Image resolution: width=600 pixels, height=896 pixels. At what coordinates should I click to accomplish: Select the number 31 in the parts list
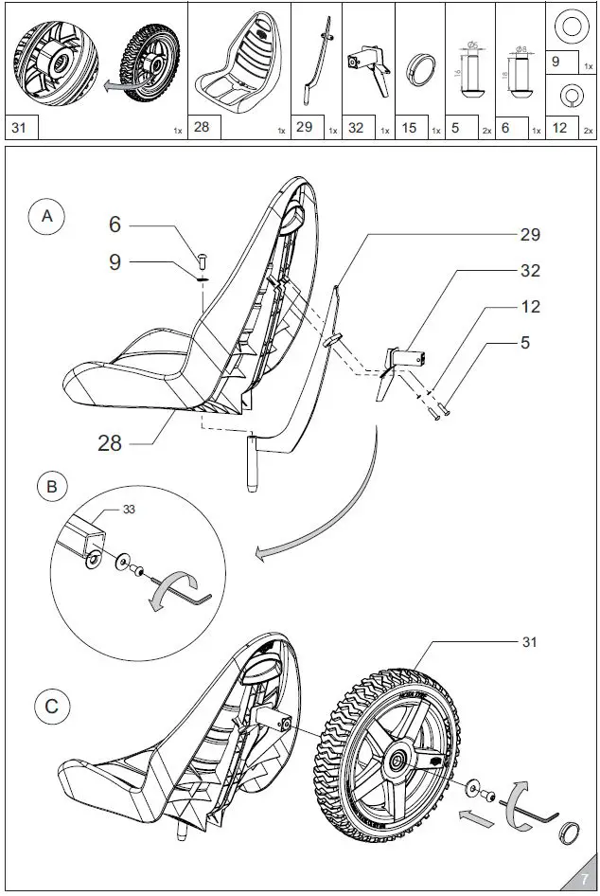tap(20, 127)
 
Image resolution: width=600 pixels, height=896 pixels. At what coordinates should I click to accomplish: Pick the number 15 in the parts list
tap(409, 127)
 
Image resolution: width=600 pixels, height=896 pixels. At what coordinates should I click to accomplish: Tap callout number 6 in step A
tap(115, 224)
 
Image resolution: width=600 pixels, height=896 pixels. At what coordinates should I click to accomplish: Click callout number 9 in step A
tap(115, 262)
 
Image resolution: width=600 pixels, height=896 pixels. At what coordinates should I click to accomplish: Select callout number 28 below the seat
tap(110, 441)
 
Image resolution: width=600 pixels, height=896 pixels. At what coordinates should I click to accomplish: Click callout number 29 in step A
tap(530, 233)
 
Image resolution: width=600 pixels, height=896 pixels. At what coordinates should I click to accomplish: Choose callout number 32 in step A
tap(530, 270)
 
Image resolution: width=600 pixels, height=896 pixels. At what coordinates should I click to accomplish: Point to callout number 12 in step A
tap(530, 306)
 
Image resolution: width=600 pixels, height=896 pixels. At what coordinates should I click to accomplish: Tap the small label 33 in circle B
tap(128, 510)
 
